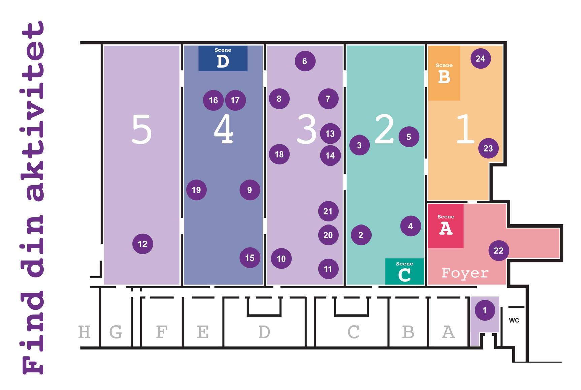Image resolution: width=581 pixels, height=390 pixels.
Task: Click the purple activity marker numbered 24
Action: pyautogui.click(x=480, y=59)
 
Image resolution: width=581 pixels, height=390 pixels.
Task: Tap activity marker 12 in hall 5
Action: pyautogui.click(x=142, y=244)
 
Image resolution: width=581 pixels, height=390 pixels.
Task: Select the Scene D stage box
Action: pyautogui.click(x=223, y=58)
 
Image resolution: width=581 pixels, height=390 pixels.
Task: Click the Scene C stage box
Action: pyautogui.click(x=405, y=271)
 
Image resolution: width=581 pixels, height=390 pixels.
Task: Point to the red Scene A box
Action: pyautogui.click(x=446, y=226)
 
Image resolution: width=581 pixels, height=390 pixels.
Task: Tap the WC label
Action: pyautogui.click(x=514, y=320)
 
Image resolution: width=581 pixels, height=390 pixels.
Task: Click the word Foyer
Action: pyautogui.click(x=465, y=273)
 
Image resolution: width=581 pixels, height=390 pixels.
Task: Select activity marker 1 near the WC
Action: pyautogui.click(x=485, y=310)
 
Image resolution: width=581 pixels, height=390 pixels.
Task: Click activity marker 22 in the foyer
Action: pyautogui.click(x=498, y=250)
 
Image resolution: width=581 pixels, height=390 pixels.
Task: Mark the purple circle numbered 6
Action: pyautogui.click(x=305, y=61)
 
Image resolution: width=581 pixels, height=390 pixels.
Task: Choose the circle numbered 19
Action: pyautogui.click(x=196, y=190)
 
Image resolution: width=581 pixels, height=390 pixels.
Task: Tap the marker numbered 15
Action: pyautogui.click(x=250, y=258)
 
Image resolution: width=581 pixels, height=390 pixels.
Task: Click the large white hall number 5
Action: pyautogui.click(x=141, y=129)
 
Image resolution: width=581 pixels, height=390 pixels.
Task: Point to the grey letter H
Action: pyautogui.click(x=84, y=332)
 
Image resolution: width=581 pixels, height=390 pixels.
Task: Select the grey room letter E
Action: pyautogui.click(x=203, y=332)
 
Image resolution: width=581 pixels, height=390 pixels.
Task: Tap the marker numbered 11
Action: pyautogui.click(x=328, y=269)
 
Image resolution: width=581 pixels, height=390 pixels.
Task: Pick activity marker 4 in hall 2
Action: pyautogui.click(x=410, y=226)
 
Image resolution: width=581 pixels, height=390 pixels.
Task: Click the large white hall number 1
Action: pyautogui.click(x=465, y=129)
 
